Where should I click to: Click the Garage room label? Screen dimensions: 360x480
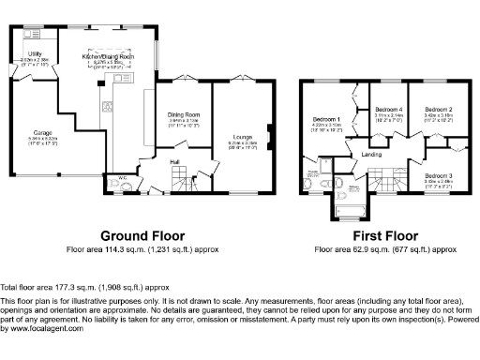click(x=40, y=133)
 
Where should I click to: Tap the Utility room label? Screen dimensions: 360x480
click(x=35, y=54)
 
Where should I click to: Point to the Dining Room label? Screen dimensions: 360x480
click(x=186, y=113)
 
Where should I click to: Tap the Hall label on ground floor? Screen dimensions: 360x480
click(x=174, y=160)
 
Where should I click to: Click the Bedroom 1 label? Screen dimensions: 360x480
click(x=327, y=120)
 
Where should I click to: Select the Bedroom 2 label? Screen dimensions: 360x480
click(x=438, y=110)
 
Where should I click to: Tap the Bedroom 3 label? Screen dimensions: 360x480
click(x=438, y=175)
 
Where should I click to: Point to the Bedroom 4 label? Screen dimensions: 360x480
click(x=388, y=110)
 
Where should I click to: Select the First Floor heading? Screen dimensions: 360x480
click(x=384, y=235)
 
